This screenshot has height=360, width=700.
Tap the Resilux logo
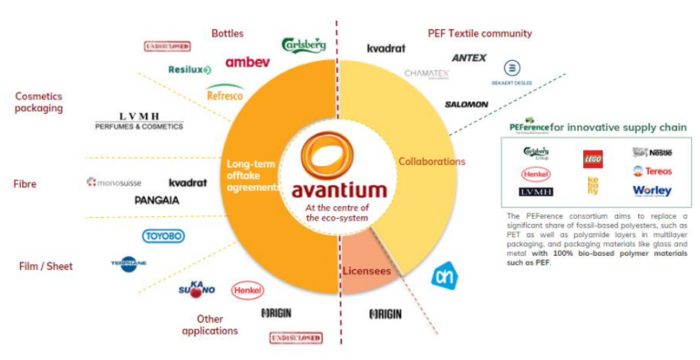[x=190, y=69]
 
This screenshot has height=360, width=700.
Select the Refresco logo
[x=224, y=92]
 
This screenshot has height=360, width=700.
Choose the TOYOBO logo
[x=164, y=236]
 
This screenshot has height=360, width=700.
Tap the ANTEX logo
[x=468, y=58]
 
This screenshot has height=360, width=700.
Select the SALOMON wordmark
[x=466, y=104]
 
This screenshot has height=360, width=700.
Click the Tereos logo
[x=651, y=171]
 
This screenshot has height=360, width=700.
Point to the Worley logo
[x=651, y=190]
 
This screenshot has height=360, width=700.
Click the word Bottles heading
[x=227, y=34]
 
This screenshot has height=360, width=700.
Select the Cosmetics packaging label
[x=38, y=100]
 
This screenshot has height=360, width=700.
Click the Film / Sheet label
[x=46, y=266]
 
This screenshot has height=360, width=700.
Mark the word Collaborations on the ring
[x=431, y=161]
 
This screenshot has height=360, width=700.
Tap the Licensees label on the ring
[x=368, y=271]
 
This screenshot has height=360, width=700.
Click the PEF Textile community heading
[x=479, y=34]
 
